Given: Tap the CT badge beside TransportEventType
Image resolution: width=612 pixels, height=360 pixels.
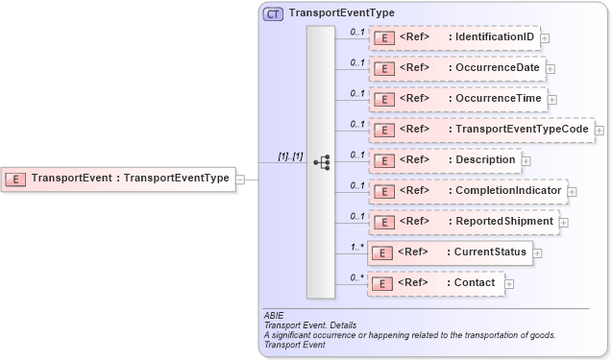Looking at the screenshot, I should [273, 14].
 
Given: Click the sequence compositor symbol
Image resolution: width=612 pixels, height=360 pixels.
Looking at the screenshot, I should [321, 162].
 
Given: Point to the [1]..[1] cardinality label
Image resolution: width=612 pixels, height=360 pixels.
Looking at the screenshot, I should [290, 155].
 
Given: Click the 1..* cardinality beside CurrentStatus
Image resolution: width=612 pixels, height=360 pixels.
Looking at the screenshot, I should [356, 247].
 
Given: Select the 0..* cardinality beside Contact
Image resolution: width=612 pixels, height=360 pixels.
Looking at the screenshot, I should [356, 277].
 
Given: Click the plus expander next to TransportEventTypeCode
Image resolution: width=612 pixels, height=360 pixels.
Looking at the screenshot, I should [600, 130].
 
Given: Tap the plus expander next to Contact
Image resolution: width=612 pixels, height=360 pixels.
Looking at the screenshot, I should [509, 283].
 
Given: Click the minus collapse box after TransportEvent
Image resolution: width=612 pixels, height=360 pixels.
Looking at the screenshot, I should [240, 179].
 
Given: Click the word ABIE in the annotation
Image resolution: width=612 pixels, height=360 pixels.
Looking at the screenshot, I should [274, 315].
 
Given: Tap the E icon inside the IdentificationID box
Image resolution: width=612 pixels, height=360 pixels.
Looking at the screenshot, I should [383, 39].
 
